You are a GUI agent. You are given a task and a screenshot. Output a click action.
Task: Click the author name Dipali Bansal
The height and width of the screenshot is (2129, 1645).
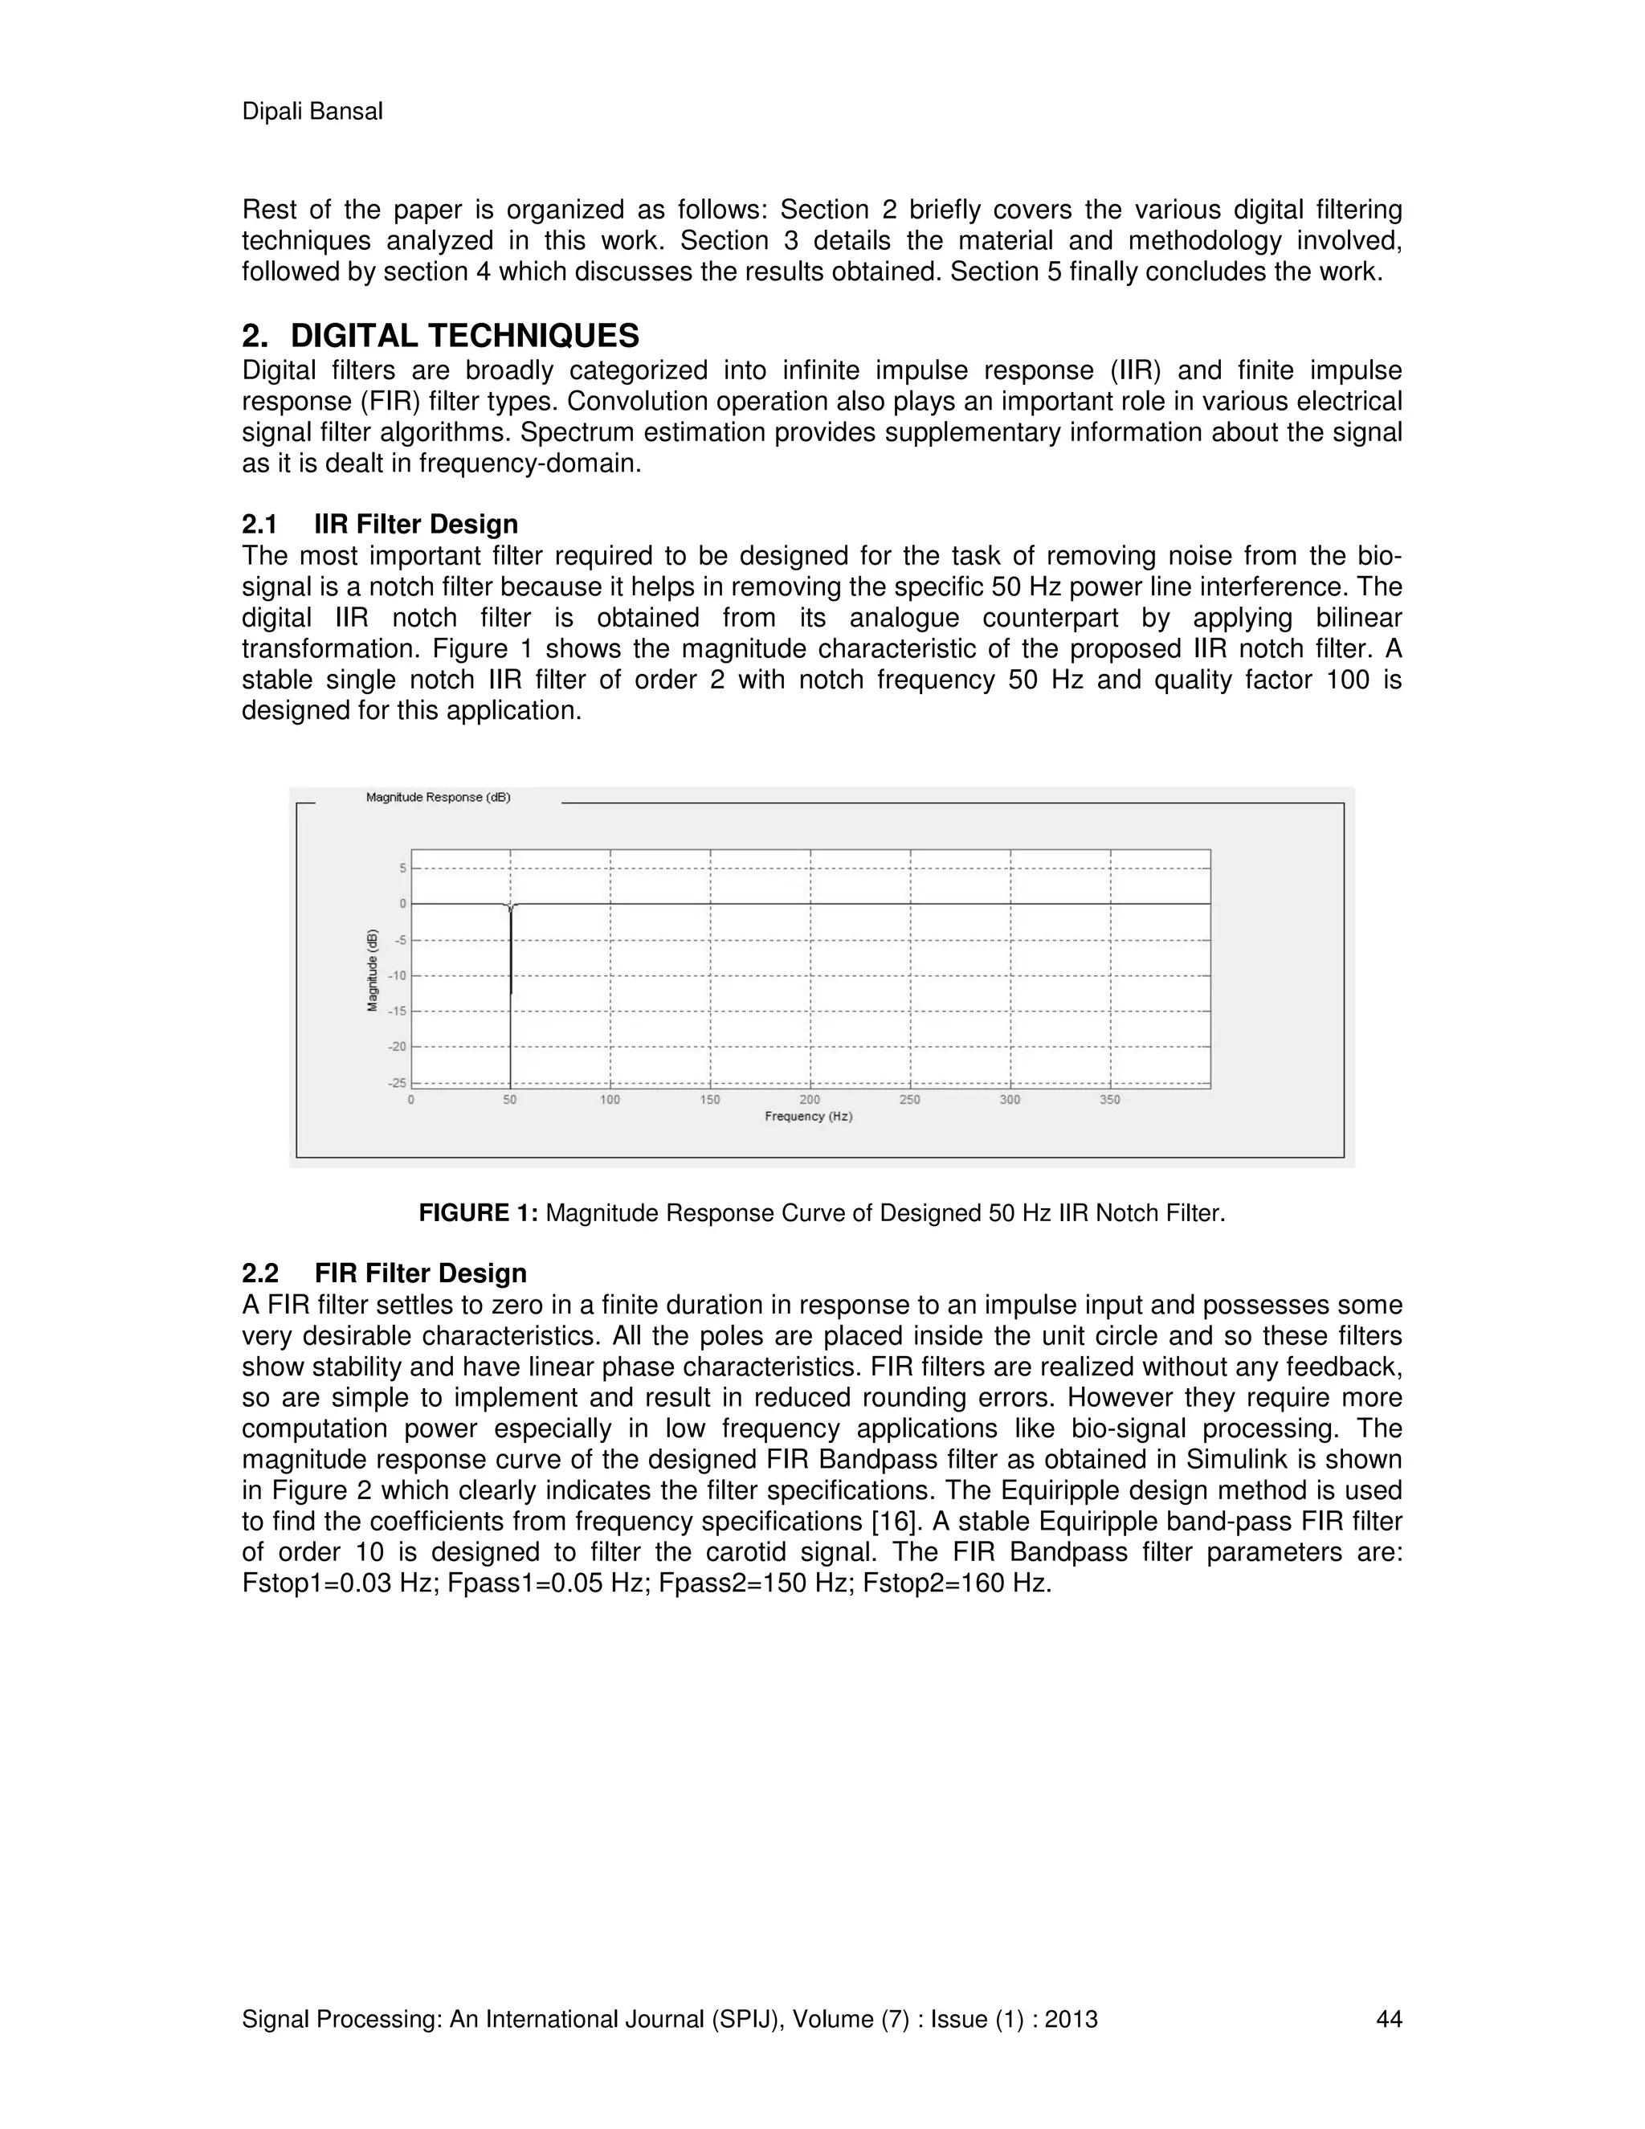click(312, 112)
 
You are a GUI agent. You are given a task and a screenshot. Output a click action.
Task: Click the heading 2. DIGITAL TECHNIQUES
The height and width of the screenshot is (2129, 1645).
click(440, 337)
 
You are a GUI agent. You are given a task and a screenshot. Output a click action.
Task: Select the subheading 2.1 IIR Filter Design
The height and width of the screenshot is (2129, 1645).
click(380, 525)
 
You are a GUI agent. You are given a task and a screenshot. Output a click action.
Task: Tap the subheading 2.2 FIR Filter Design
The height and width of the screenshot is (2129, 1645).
click(384, 1273)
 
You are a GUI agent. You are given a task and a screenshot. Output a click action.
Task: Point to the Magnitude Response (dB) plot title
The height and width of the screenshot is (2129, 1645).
click(438, 798)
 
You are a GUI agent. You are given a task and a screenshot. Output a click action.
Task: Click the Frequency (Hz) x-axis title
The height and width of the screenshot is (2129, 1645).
click(808, 1116)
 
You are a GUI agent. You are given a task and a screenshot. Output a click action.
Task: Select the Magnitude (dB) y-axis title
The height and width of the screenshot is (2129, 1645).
click(372, 970)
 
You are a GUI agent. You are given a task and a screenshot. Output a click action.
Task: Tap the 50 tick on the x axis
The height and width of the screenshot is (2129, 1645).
click(510, 1100)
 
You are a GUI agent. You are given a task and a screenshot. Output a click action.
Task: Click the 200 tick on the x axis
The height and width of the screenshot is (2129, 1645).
click(809, 1100)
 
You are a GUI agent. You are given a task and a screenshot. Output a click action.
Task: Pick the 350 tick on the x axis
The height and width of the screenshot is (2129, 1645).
click(1109, 1100)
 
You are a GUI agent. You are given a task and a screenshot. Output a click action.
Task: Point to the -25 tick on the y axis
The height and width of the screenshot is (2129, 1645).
click(397, 1082)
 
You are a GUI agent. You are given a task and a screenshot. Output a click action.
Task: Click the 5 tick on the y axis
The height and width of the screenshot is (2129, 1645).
click(402, 868)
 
